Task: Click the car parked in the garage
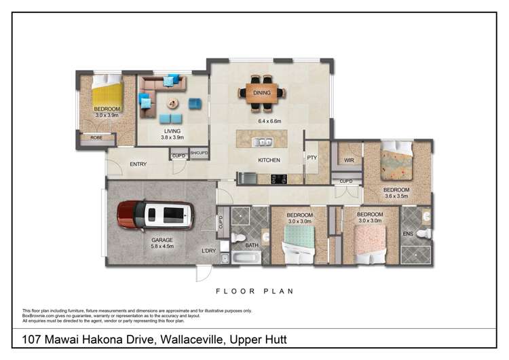[156, 215]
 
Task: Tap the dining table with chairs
[262, 93]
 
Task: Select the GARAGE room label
[162, 240]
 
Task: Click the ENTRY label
[138, 164]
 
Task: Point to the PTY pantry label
[312, 158]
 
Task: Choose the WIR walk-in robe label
[350, 160]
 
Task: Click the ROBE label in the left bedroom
[96, 138]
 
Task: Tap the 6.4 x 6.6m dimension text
[269, 121]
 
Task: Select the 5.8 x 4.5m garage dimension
[162, 247]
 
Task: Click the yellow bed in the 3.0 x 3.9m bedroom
[107, 94]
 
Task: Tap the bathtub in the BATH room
[244, 258]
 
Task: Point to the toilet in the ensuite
[423, 234]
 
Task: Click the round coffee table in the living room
[173, 103]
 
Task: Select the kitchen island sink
[263, 142]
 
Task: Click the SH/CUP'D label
[199, 154]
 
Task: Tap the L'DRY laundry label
[208, 251]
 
